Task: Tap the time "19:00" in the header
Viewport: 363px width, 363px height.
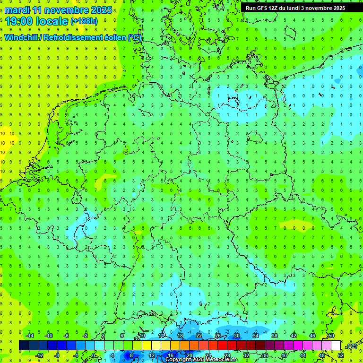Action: click(22, 21)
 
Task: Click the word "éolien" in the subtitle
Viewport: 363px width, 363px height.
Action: click(115, 38)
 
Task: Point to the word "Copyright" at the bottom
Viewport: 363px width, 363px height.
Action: click(178, 360)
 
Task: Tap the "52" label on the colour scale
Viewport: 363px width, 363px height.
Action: click(341, 355)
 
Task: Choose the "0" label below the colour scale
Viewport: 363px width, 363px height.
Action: click(93, 355)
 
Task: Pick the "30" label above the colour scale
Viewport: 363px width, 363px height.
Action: click(236, 336)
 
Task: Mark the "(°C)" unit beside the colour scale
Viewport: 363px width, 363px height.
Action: click(351, 346)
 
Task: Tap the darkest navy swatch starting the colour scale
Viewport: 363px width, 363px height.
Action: click(24, 346)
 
